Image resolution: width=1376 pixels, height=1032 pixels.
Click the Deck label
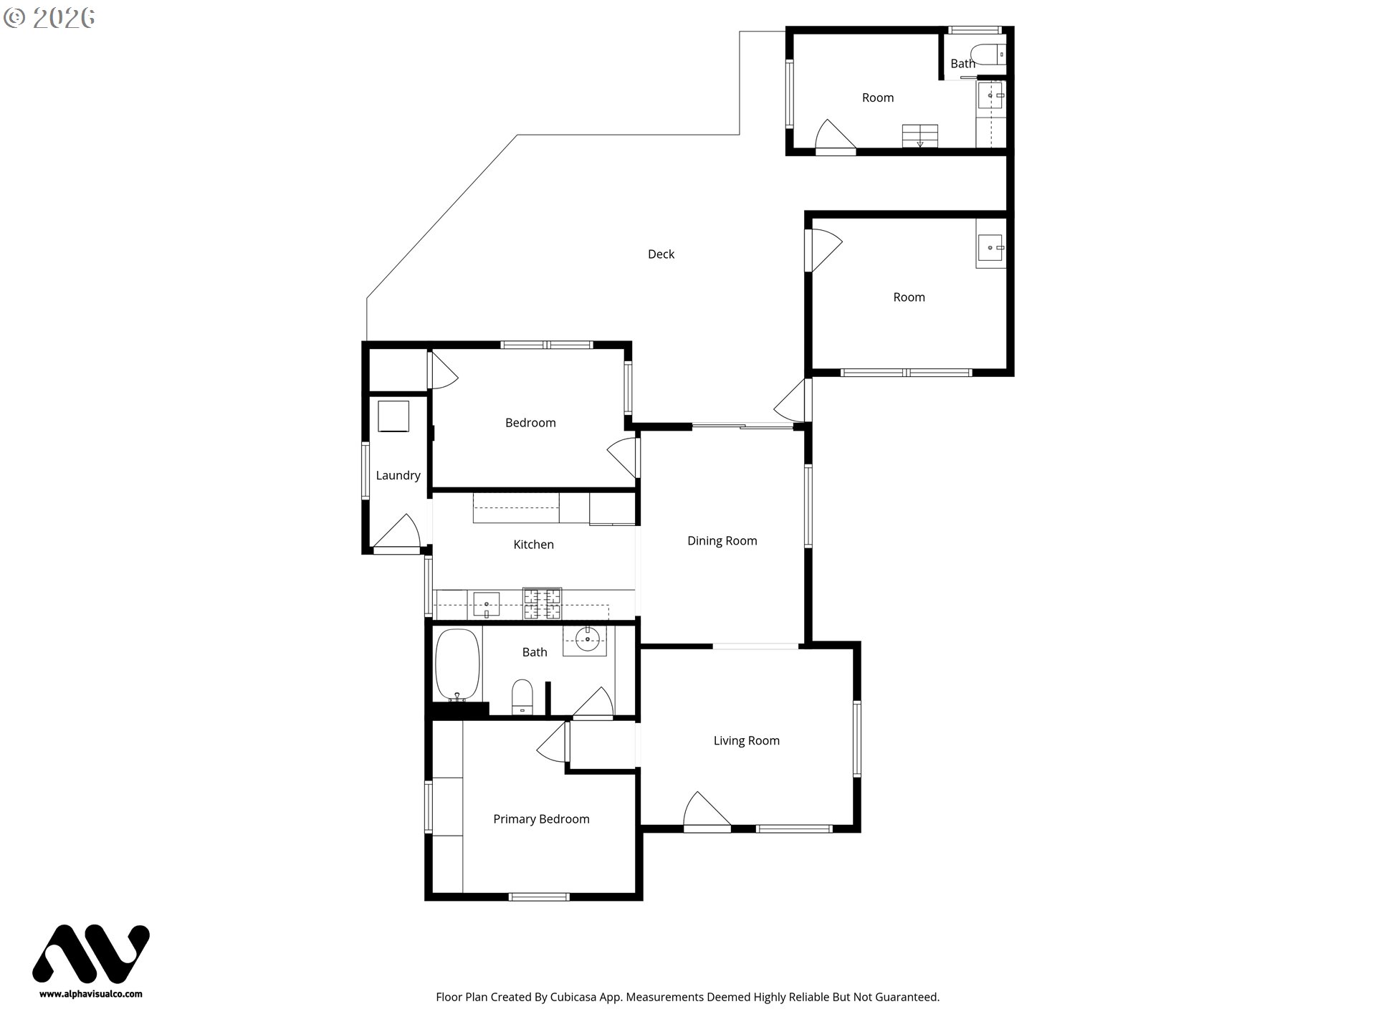661,254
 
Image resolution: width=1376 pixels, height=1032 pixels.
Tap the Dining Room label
722,541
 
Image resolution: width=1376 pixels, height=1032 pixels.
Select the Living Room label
746,741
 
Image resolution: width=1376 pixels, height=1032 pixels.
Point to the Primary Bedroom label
541,819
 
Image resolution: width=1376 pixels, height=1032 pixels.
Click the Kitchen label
533,545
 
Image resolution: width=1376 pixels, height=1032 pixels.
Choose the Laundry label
398,475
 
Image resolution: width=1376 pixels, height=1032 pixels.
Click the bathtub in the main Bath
457,665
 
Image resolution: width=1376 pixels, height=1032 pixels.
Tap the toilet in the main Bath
522,697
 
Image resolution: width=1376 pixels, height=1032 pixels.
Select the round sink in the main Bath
588,639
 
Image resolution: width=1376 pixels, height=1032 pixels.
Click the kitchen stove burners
542,603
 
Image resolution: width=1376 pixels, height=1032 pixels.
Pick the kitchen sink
486,604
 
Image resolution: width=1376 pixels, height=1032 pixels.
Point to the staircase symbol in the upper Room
919,135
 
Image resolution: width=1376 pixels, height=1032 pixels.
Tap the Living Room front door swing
707,810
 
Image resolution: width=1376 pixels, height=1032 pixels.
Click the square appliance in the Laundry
393,416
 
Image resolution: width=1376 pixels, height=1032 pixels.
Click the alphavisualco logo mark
91,953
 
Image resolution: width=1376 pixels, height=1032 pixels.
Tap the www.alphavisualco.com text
91,994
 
